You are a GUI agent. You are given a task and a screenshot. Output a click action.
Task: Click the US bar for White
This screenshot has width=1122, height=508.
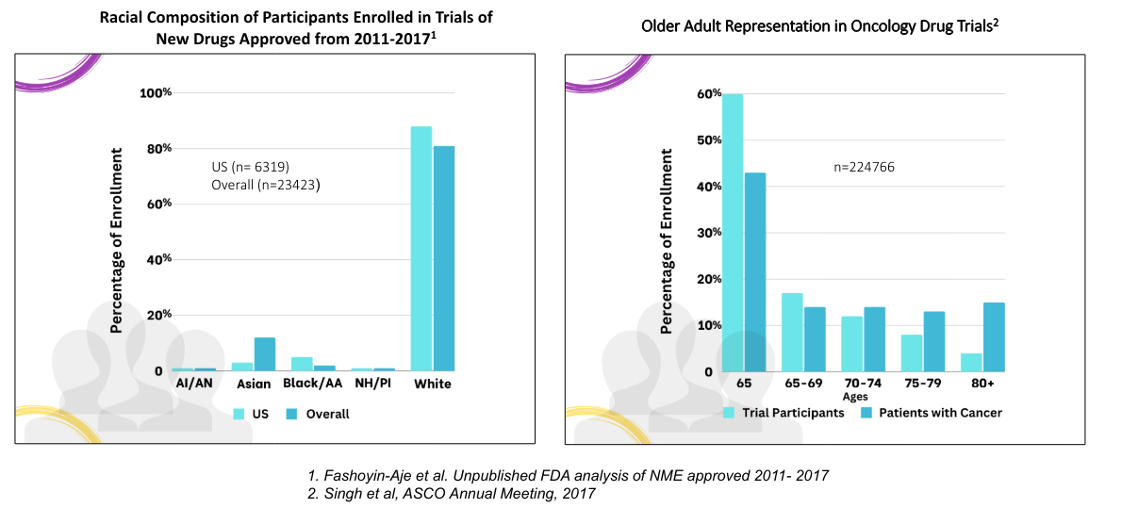[x=421, y=249]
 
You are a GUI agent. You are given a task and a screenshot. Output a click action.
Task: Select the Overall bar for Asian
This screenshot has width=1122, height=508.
[x=265, y=354]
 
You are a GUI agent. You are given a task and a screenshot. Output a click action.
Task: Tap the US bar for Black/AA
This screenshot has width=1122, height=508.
[x=302, y=364]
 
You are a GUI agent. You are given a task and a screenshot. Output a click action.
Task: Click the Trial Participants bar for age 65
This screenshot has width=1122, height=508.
[x=734, y=233]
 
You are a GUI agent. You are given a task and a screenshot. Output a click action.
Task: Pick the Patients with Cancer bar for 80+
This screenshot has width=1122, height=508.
[x=994, y=337]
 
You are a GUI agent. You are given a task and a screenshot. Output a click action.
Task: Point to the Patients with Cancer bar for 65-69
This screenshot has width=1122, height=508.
[x=816, y=339]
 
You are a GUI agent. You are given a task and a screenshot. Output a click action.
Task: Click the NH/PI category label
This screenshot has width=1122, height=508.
[x=372, y=385]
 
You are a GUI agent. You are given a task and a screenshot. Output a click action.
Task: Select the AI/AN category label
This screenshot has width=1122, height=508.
[x=194, y=385]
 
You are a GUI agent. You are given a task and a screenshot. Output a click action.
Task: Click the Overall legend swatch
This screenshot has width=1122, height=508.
[x=292, y=414]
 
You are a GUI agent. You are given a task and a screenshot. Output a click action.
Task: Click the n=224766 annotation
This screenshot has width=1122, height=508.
[x=864, y=168]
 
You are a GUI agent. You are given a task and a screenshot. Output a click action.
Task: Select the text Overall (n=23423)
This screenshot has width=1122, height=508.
[x=265, y=185]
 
